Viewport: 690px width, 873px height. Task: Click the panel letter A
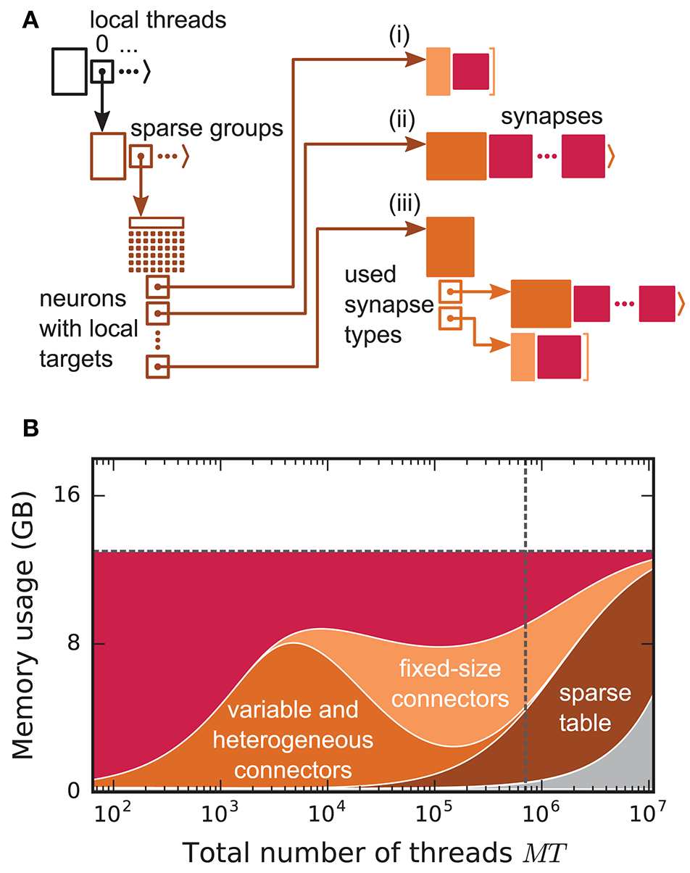click(30, 20)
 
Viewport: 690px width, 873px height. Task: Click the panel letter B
click(30, 430)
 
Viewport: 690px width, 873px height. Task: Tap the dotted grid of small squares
click(157, 250)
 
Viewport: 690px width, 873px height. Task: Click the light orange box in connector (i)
click(438, 71)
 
